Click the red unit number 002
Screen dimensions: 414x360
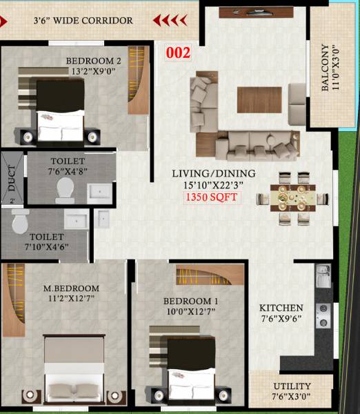[x=179, y=52]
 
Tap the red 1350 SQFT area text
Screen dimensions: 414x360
[x=213, y=197]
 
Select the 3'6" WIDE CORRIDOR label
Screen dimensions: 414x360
[x=83, y=21]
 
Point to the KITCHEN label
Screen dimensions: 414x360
[x=281, y=308]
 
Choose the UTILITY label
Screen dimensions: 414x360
[x=292, y=386]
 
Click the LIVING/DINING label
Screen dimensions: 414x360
[x=214, y=174]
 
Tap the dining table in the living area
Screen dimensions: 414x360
[x=292, y=197]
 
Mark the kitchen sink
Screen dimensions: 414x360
[x=323, y=279]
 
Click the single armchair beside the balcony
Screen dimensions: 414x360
[x=297, y=94]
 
